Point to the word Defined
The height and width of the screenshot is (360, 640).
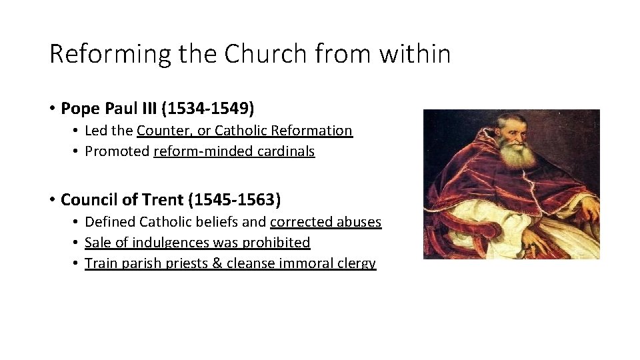[109, 221]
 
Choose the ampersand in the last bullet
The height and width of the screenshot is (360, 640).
[217, 263]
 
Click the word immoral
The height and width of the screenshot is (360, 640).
[309, 263]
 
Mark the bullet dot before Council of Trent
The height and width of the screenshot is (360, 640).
[51, 199]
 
